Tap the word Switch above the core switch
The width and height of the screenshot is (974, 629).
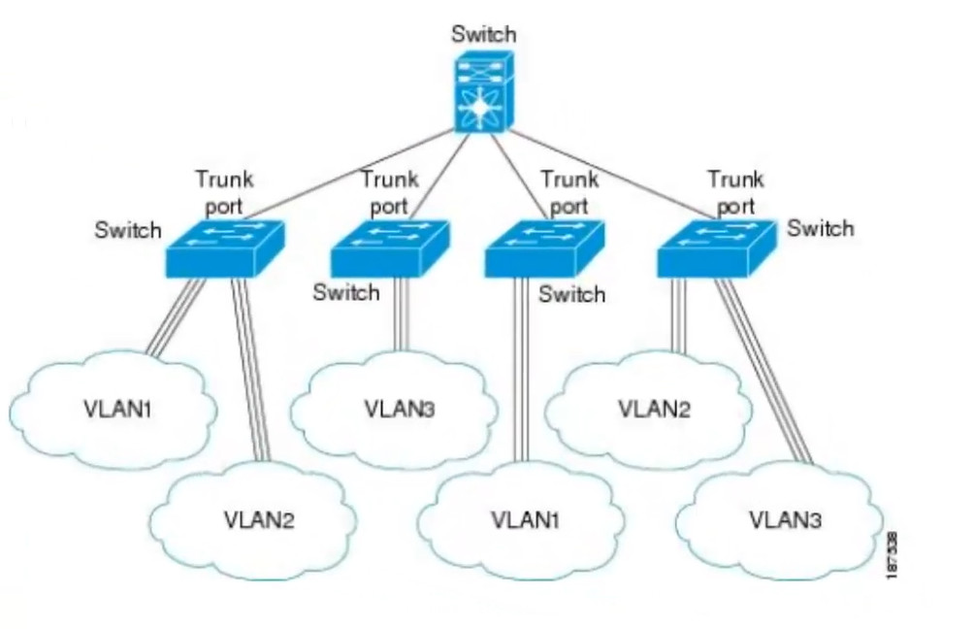pos(483,35)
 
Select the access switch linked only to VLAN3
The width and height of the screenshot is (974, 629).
pos(390,249)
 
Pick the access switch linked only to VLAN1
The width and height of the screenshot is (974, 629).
pos(543,249)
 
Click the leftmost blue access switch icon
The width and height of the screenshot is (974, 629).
pos(225,248)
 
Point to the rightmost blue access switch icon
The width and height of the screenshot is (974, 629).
pos(716,248)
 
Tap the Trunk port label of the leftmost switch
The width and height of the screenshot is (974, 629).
pos(224,192)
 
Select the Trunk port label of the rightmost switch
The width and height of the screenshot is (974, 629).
pos(735,192)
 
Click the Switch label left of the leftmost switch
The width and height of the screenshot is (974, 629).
pos(128,231)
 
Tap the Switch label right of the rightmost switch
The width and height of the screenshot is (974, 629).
pos(821,229)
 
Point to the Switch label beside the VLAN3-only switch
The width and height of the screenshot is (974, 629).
pos(345,292)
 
